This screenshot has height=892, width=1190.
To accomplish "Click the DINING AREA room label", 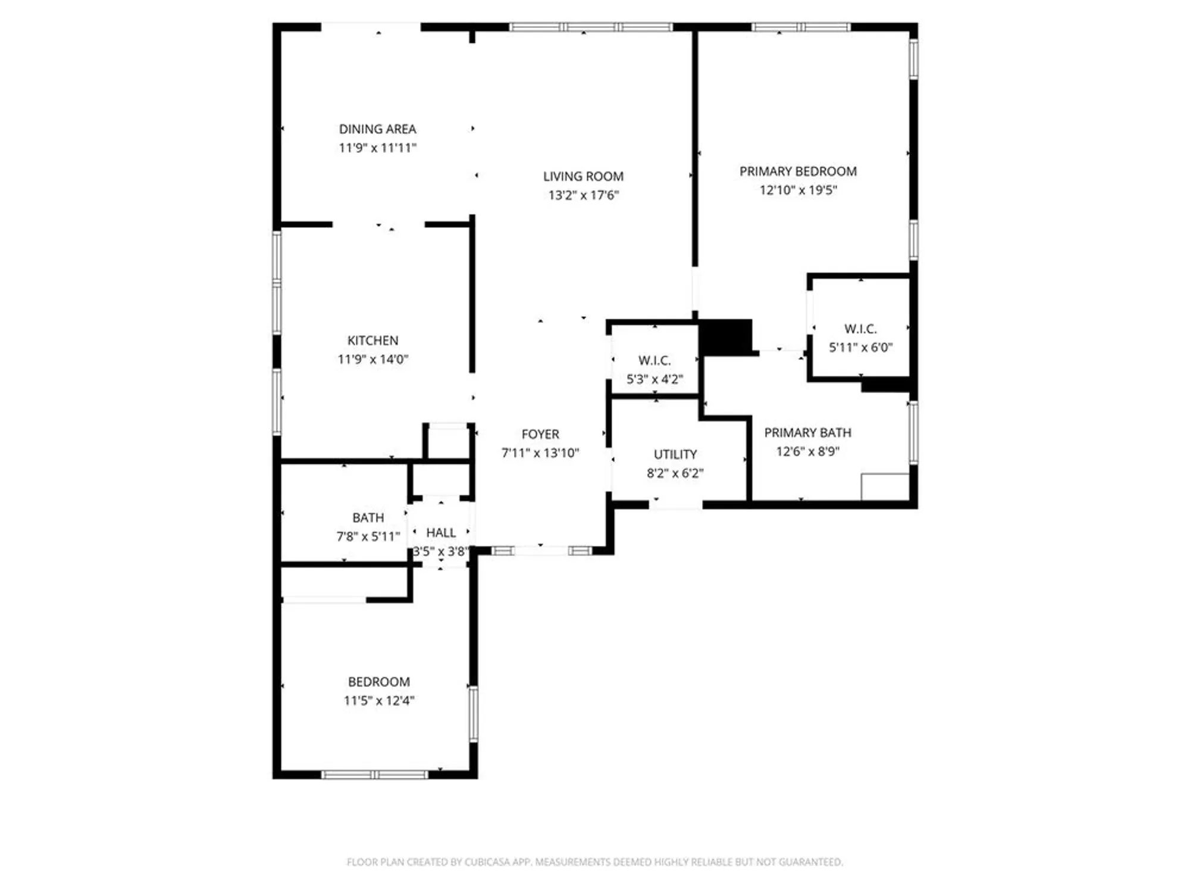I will point(377,129).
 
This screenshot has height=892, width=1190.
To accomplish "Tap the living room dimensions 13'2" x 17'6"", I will point(583,195).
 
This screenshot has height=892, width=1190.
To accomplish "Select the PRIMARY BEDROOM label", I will point(798,171).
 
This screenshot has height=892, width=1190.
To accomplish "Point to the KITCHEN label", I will point(373,340).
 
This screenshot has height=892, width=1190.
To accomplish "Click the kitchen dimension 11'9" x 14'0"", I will point(373,359).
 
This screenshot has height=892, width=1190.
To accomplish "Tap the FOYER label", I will point(540,434).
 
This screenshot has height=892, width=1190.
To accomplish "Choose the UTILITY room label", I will point(675,454).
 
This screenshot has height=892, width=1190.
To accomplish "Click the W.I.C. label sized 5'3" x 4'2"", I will point(654,360).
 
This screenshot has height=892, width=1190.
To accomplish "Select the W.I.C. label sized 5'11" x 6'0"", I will point(860,329).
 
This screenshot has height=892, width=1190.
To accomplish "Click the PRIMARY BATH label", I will point(807,432).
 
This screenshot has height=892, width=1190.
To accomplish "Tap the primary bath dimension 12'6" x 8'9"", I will point(807,451).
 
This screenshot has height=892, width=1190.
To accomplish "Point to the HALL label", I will point(441,532).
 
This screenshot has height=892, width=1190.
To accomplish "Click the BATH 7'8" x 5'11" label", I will point(368,517).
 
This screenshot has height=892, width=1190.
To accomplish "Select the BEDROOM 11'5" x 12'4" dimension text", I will point(379,701).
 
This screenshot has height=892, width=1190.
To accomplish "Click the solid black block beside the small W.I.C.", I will point(726,337).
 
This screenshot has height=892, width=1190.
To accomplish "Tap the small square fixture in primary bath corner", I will point(885,486).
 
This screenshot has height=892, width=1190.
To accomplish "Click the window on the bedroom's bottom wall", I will point(374,774).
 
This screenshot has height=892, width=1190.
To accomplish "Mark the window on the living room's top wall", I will point(591,27).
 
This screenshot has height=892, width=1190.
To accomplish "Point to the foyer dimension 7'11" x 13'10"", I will point(540,453).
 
